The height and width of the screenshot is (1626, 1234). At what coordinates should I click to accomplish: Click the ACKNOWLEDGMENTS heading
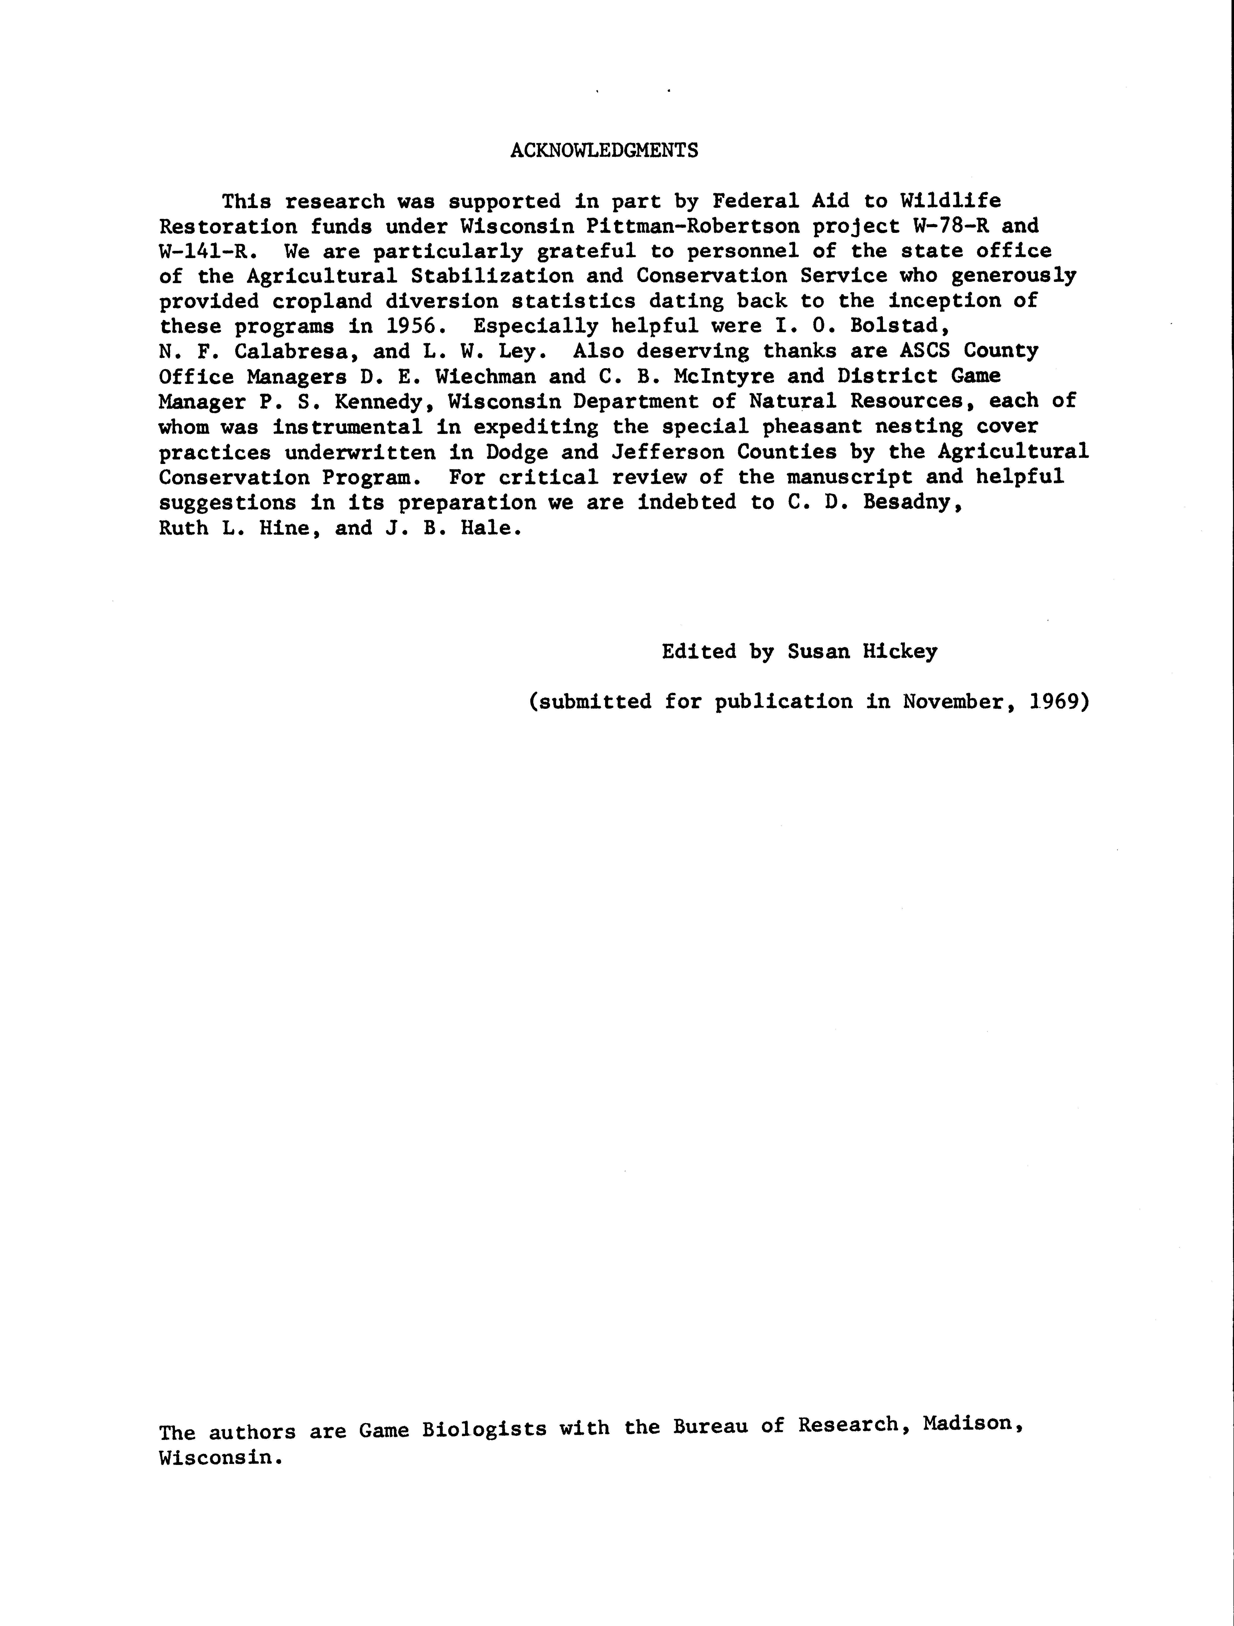click(604, 151)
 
